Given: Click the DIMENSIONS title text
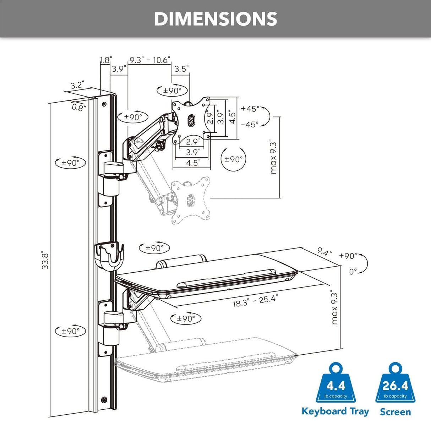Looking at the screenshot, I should (x=215, y=19).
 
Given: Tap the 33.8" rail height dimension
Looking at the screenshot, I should (x=45, y=260).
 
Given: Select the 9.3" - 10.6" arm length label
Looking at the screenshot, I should (x=149, y=60).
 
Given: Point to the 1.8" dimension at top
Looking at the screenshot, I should (x=105, y=60).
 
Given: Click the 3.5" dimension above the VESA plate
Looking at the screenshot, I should (x=181, y=69).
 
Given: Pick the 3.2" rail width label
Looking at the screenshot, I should (x=77, y=85).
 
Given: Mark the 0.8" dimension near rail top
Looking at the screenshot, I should (x=79, y=107).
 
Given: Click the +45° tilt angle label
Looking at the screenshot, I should (x=250, y=109).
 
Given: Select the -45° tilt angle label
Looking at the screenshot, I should (x=250, y=125).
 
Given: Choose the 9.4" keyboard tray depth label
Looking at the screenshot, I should (x=324, y=252).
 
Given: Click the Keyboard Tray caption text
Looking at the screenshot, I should (x=335, y=411).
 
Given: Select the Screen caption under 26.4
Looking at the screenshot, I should (x=395, y=412).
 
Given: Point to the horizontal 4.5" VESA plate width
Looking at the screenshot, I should (x=192, y=163).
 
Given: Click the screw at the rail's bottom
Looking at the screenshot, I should (x=104, y=399).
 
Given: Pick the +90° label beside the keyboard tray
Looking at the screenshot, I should (x=348, y=256).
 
